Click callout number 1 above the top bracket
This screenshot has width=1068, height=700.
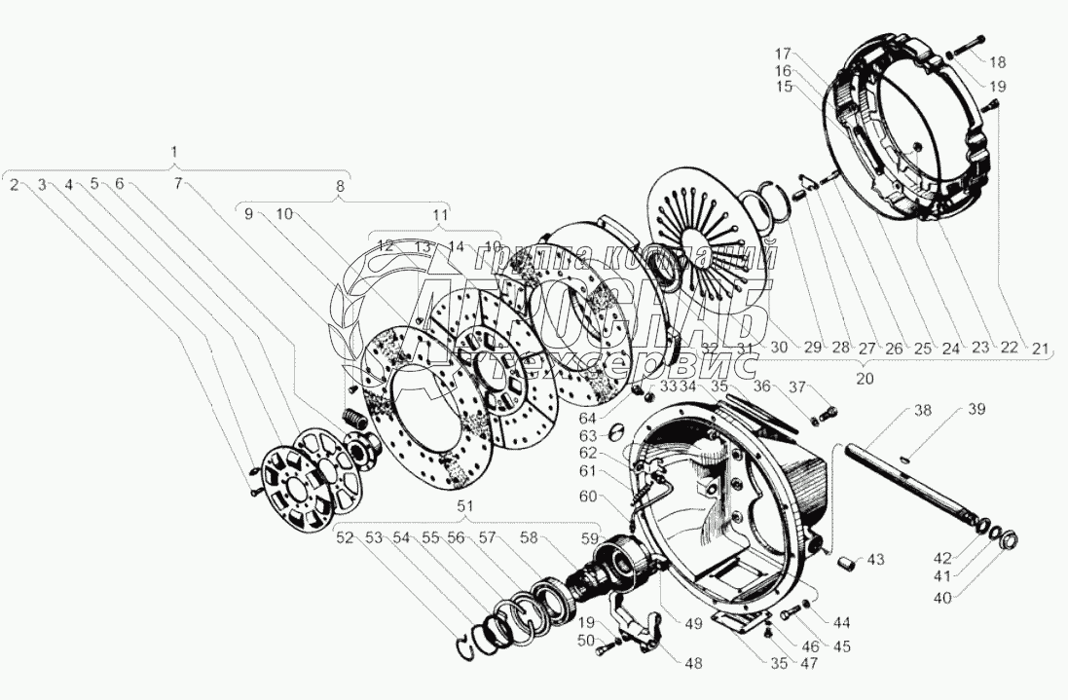174,152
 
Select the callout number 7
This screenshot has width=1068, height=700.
178,183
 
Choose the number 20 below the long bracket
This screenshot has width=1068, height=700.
865,378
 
